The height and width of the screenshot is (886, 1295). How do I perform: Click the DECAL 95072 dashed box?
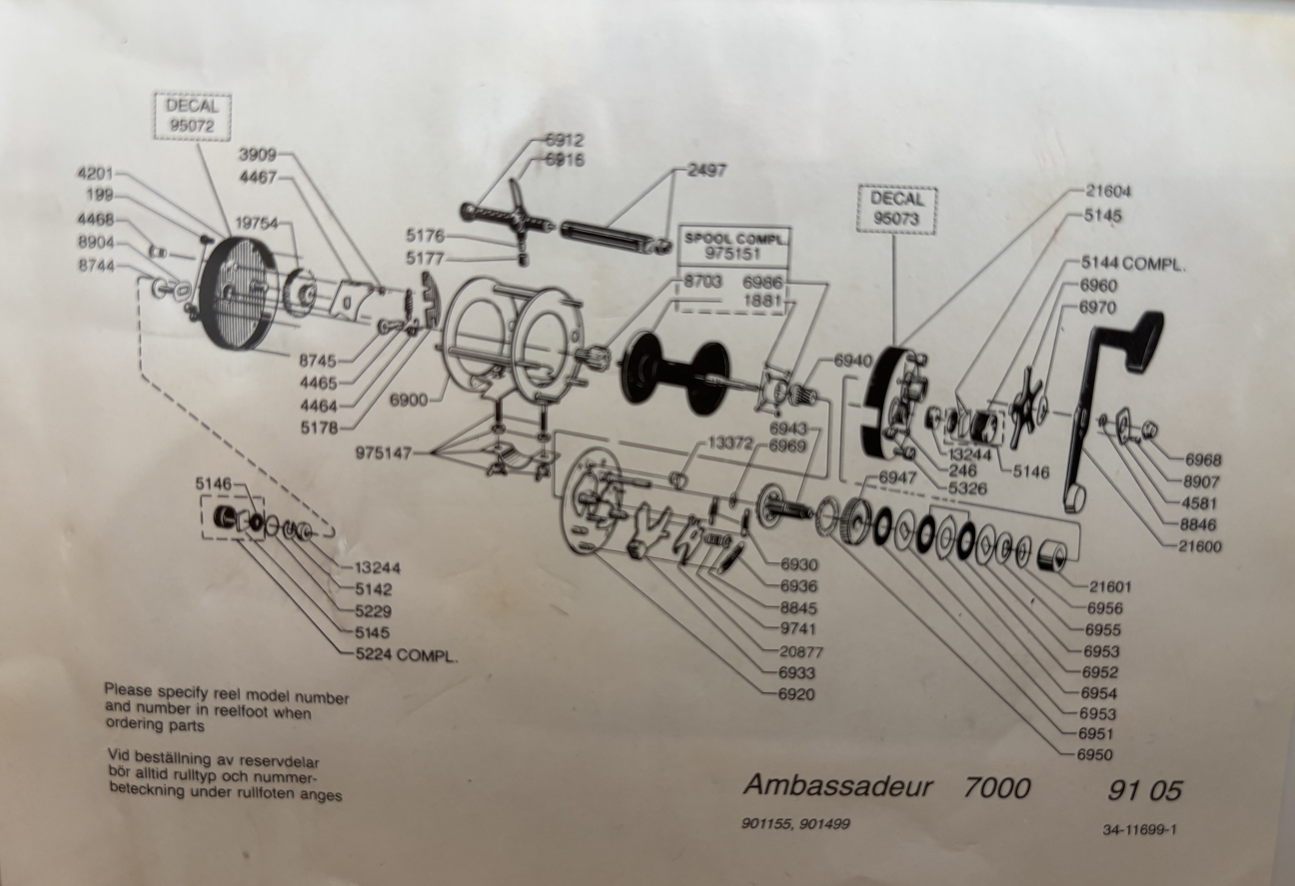(192, 116)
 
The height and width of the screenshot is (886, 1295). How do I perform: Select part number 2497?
(707, 170)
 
